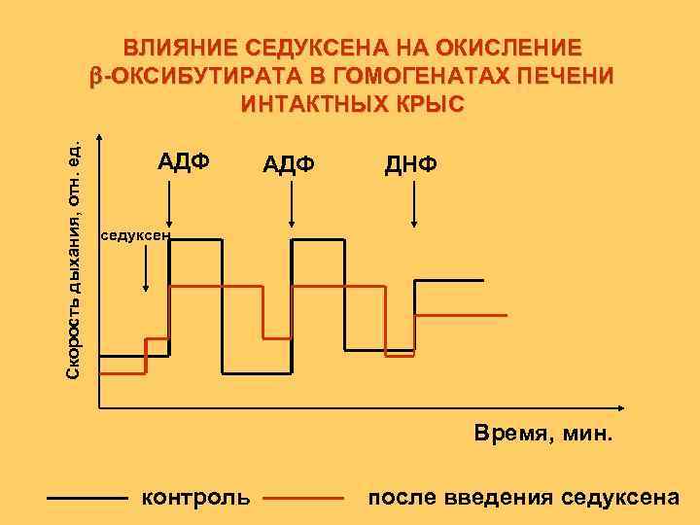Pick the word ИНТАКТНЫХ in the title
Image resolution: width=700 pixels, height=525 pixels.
click(x=306, y=104)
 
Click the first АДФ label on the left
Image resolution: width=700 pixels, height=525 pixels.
click(x=185, y=160)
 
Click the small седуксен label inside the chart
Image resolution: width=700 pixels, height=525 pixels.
click(x=135, y=235)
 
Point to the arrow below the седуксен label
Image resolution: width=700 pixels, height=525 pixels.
click(x=146, y=267)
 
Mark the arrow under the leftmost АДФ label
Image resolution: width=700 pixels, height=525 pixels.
click(x=170, y=206)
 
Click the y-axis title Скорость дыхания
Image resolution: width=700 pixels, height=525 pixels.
click(x=79, y=258)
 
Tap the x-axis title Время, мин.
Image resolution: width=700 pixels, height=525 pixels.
click(x=543, y=433)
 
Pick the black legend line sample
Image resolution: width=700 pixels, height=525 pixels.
click(x=87, y=499)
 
